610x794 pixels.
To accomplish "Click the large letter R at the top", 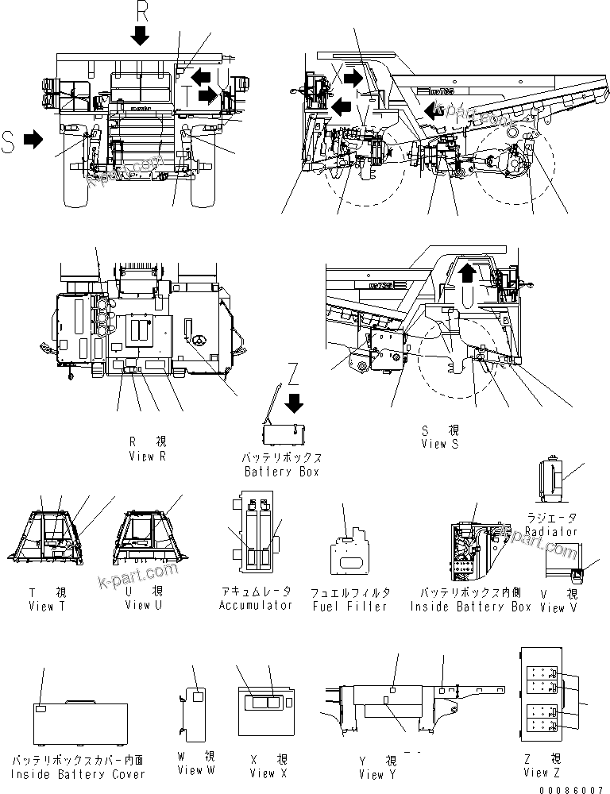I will tap(141, 12).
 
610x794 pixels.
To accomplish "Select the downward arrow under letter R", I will tap(141, 35).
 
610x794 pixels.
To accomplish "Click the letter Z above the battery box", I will tap(294, 372).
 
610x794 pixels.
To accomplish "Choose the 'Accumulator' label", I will tap(256, 605).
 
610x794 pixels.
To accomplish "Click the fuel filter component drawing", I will tap(349, 553).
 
